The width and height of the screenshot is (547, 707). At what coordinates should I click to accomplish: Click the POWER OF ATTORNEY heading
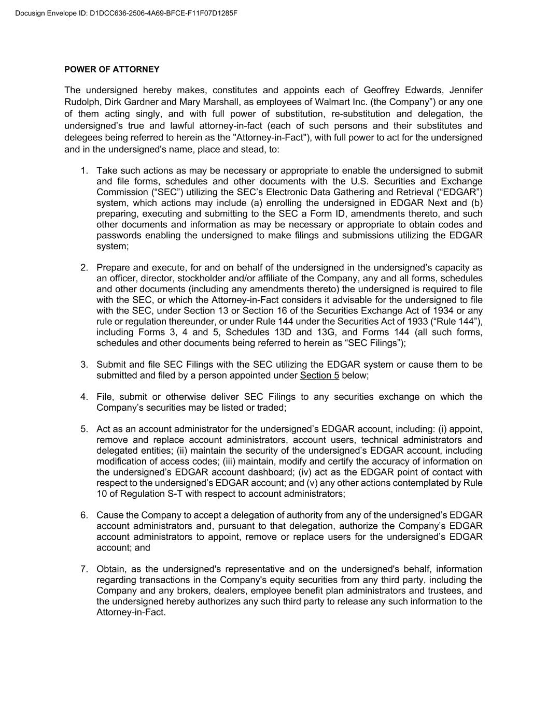[x=112, y=69]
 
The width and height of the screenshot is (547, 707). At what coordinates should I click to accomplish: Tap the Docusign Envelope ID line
[x=127, y=13]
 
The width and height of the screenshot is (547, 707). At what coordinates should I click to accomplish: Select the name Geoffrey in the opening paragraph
[x=381, y=90]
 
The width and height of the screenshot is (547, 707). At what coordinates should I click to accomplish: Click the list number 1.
[x=84, y=170]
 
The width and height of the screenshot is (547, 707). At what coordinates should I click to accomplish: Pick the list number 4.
[x=84, y=397]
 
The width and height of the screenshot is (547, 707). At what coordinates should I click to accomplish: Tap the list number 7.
[x=84, y=569]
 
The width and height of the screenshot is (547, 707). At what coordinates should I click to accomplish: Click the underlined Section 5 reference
[x=319, y=376]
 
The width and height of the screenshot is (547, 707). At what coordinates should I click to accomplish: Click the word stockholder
[x=199, y=279]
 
